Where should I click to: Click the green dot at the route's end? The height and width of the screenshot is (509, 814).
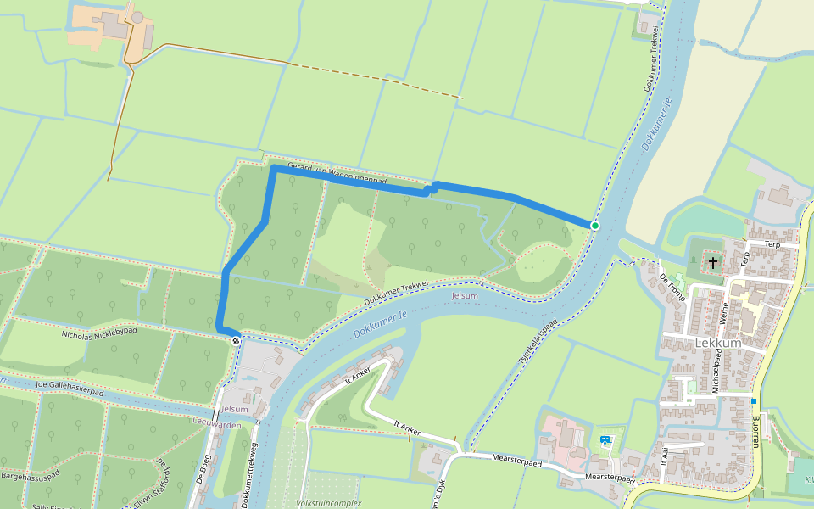coord(595,225)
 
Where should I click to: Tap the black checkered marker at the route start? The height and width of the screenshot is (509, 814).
coord(236,340)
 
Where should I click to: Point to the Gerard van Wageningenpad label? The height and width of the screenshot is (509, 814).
coord(337,174)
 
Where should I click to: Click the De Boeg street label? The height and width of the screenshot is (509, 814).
coord(203,469)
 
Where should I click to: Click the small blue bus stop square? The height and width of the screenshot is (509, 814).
coord(753,400)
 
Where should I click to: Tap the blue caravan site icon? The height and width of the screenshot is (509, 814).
coord(605,440)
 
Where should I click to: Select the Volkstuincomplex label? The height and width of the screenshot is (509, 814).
coord(328,503)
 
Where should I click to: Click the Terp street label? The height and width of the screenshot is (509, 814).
coord(772,243)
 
